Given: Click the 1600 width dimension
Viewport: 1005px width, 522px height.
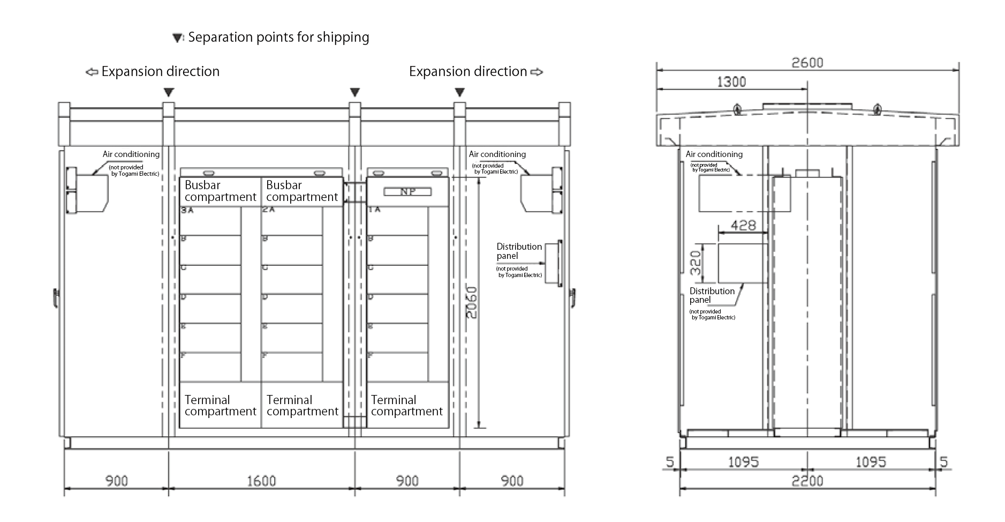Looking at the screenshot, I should [261, 481].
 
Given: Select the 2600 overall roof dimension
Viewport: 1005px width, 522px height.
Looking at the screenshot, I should [807, 63].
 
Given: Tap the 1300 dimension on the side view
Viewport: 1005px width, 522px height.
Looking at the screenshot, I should [731, 82].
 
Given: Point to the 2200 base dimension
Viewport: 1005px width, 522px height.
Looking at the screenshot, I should [807, 481].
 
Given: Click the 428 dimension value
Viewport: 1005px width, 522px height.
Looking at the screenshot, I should [743, 225].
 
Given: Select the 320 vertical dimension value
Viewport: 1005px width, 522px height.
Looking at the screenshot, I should [696, 263].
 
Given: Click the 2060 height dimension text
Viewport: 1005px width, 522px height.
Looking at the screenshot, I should [471, 303].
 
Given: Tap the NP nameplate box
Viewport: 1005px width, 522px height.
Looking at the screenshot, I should [407, 192].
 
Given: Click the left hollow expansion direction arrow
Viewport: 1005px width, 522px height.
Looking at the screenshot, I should [92, 72].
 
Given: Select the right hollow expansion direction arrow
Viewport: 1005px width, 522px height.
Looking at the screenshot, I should [536, 72].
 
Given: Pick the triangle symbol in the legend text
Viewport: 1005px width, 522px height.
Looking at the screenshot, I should [177, 38].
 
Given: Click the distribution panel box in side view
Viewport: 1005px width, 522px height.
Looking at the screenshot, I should [743, 263].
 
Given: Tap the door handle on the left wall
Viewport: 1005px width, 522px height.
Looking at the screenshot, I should [56, 297].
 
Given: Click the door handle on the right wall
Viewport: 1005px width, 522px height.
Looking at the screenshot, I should [572, 297].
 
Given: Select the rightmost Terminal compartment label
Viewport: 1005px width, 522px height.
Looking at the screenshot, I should [406, 406].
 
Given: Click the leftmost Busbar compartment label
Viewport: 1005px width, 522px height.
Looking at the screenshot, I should [220, 191].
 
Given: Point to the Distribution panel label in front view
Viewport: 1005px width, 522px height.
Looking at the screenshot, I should [519, 251].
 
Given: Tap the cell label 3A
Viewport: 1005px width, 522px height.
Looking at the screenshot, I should [187, 210].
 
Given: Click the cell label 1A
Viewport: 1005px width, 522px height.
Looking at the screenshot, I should [374, 210].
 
